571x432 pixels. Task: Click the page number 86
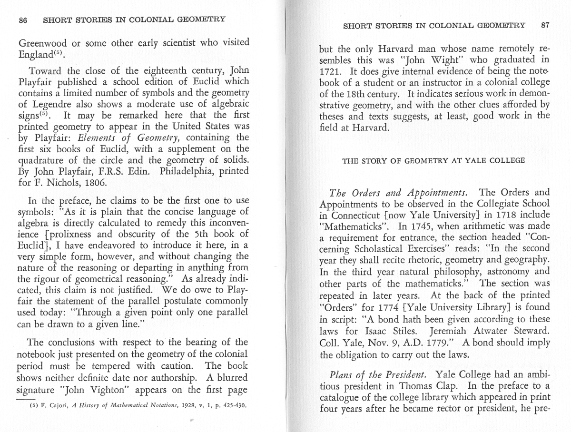(22, 20)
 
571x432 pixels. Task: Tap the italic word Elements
(96, 138)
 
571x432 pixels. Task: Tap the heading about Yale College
(433, 160)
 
